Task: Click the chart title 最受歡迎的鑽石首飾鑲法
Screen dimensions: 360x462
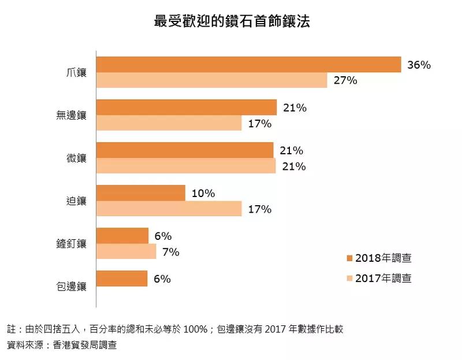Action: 232,23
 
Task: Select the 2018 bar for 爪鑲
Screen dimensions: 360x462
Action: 248,65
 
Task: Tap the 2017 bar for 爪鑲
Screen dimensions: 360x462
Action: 211,80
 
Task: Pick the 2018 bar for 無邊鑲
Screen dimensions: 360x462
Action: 187,107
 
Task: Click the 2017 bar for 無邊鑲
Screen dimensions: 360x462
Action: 169,123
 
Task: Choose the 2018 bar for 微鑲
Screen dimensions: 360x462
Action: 185,150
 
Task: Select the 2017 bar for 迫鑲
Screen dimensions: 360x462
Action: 169,209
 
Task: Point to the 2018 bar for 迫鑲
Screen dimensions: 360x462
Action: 140,193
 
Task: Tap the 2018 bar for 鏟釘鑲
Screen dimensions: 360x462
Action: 122,236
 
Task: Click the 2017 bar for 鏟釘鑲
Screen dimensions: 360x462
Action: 126,251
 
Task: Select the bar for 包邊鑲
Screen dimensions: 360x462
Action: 122,279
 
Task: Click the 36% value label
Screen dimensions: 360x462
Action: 419,65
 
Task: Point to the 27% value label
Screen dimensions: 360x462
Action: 345,80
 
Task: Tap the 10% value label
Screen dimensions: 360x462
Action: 203,194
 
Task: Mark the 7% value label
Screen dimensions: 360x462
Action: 171,252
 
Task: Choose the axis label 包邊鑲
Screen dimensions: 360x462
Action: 72,286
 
